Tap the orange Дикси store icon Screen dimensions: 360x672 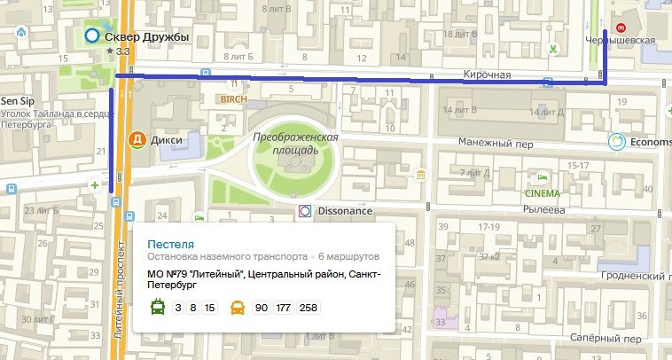click(x=137, y=139)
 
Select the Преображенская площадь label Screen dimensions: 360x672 click(x=296, y=145)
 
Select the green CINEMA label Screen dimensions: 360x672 click(x=543, y=193)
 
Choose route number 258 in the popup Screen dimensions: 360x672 click(x=309, y=308)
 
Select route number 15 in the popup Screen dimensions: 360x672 click(x=209, y=308)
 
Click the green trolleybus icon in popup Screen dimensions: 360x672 click(x=156, y=308)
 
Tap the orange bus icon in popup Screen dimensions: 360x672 click(x=238, y=308)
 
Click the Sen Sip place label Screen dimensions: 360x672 click(x=17, y=101)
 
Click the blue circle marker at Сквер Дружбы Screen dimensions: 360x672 click(x=91, y=37)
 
